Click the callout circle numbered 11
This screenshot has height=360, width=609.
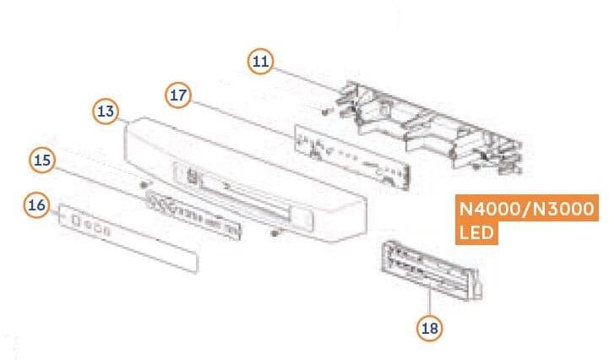coord(260,61)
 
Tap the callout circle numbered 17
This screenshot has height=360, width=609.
coord(178,95)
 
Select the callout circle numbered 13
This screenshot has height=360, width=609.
coord(106,112)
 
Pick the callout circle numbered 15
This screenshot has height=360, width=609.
coord(42,160)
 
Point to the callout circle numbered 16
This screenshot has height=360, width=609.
coord(37,205)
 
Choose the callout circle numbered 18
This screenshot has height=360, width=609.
coord(430,328)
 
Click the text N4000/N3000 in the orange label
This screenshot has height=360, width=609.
coord(527,209)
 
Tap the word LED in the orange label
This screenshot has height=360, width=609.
coord(476,233)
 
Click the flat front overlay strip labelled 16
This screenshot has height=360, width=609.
coord(128,238)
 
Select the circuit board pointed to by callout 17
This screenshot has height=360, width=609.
coord(352,157)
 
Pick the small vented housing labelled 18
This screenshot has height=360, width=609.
coord(432,270)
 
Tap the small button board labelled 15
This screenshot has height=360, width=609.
coord(193,214)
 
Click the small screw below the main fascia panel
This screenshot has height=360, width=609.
coord(275,233)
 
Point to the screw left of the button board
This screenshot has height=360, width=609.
coord(145,183)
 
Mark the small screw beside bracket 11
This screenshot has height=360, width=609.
coord(325,112)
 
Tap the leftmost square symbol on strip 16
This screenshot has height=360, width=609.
coord(76,221)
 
